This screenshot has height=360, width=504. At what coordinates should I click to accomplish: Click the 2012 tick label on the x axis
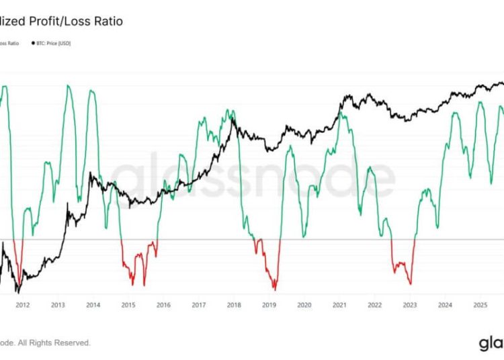click(x=22, y=304)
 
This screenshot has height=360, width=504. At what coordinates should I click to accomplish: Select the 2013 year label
click(x=58, y=304)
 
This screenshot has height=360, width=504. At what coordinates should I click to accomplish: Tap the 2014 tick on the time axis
click(x=93, y=304)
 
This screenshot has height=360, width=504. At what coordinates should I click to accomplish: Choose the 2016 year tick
click(x=163, y=304)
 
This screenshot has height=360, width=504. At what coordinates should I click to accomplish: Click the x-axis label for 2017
click(x=198, y=304)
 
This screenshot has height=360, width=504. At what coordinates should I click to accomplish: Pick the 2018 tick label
click(x=234, y=304)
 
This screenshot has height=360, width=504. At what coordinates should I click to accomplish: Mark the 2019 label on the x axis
click(x=269, y=304)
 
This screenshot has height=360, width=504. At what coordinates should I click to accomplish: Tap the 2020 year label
click(x=304, y=304)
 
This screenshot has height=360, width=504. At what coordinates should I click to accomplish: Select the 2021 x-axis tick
click(x=339, y=304)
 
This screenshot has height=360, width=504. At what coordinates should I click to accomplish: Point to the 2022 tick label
click(x=374, y=304)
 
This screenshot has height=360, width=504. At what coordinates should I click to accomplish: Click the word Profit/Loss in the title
click(x=61, y=21)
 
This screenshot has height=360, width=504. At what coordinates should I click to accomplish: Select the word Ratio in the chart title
click(x=108, y=21)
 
